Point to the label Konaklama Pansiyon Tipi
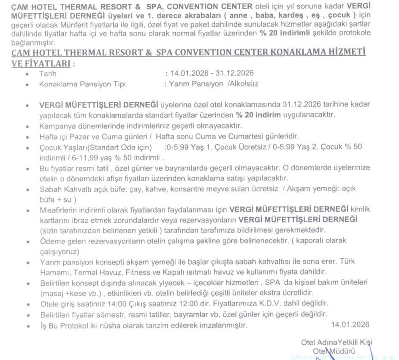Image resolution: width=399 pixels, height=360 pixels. pos(82,84)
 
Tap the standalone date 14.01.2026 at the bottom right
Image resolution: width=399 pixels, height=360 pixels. pos(350,325)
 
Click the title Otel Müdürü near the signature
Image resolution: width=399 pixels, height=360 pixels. pos(334,351)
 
